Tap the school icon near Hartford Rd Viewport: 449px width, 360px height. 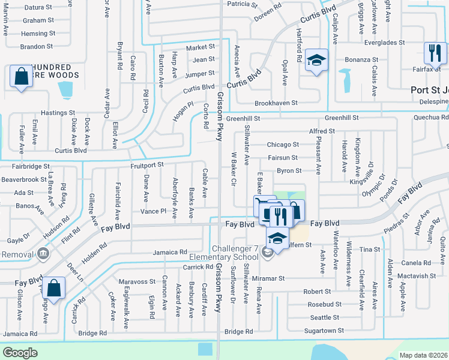[316, 60]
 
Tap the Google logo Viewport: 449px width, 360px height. [20, 352]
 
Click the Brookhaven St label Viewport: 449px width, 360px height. [276, 103]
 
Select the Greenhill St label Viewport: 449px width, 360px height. [342, 119]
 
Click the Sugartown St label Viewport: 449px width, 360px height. [324, 331]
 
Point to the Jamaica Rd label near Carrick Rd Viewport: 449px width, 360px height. [170, 252]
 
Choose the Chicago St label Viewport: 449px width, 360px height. [283, 145]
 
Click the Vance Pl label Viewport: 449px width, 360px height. [153, 211]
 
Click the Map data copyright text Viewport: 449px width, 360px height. [423, 355]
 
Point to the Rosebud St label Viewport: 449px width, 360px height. [325, 304]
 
